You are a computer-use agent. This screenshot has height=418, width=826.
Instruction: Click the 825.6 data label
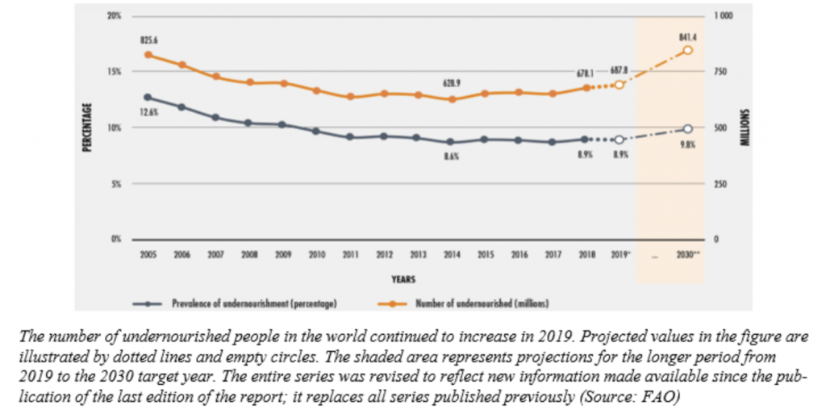point(148,39)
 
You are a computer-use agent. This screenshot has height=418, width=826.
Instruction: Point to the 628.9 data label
point(451,83)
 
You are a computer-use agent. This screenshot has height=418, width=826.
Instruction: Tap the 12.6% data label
point(148,113)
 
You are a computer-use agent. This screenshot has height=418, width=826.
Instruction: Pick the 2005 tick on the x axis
point(148,253)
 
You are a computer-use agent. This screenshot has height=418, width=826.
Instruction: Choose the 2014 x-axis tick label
point(452,253)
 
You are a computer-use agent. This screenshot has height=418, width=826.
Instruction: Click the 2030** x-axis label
point(688,253)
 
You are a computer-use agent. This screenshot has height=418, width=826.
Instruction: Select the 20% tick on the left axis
point(115,16)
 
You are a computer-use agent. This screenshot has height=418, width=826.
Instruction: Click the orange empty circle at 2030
point(687,50)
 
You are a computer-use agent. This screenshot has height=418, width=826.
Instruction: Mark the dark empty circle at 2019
point(619,140)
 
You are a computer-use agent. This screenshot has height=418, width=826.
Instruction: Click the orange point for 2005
point(148,54)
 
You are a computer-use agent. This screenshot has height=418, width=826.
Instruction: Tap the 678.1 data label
point(588,73)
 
